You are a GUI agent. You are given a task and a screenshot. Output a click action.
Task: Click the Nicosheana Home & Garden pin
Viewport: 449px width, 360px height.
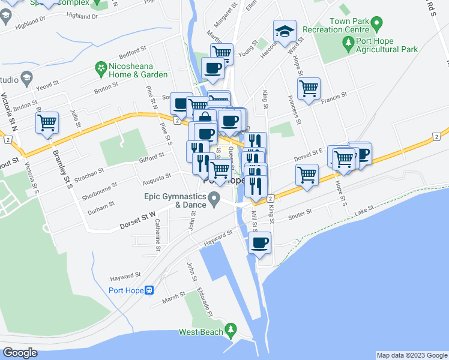tap(100, 70)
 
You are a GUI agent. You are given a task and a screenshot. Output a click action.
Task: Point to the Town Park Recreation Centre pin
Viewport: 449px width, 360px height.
tap(376, 25)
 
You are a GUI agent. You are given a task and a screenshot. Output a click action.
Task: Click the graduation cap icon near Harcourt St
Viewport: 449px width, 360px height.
tap(285, 31)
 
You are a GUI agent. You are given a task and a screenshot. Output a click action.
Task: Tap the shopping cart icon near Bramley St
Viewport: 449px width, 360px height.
tap(47, 123)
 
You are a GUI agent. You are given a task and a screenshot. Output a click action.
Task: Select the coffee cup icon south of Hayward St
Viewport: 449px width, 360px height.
tap(259, 243)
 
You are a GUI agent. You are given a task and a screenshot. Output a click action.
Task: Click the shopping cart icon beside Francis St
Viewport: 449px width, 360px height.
tap(309, 88)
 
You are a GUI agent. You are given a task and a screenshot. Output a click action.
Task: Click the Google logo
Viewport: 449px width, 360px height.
tap(20, 353)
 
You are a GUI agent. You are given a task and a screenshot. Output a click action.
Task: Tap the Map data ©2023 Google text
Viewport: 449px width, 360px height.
tap(411, 355)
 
